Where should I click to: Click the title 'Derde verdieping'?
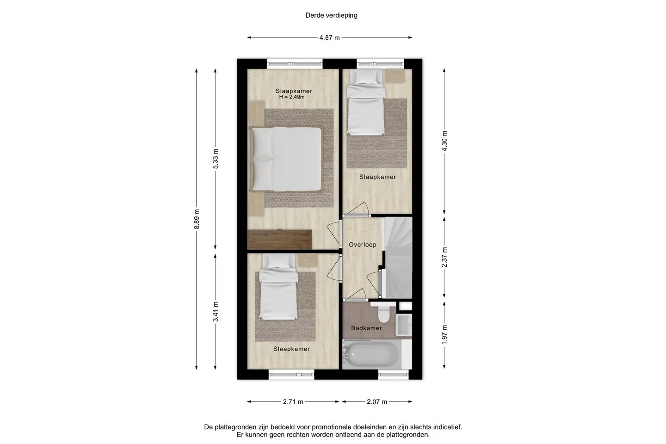331,15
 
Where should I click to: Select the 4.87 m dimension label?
329,38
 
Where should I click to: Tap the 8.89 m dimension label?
197,219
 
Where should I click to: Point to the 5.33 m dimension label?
215,159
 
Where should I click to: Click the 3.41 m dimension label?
215,311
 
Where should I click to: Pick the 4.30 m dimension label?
444,141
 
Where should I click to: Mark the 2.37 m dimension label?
444,257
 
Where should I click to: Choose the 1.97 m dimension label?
444,334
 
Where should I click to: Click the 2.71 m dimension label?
293,402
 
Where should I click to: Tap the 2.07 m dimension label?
376,402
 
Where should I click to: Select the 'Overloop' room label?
363,245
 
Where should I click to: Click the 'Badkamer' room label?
366,328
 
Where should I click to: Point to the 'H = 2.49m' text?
292,97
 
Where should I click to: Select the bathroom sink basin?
404,325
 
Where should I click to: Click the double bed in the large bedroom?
286,159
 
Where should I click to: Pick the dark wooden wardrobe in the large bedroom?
279,240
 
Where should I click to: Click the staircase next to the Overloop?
398,258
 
